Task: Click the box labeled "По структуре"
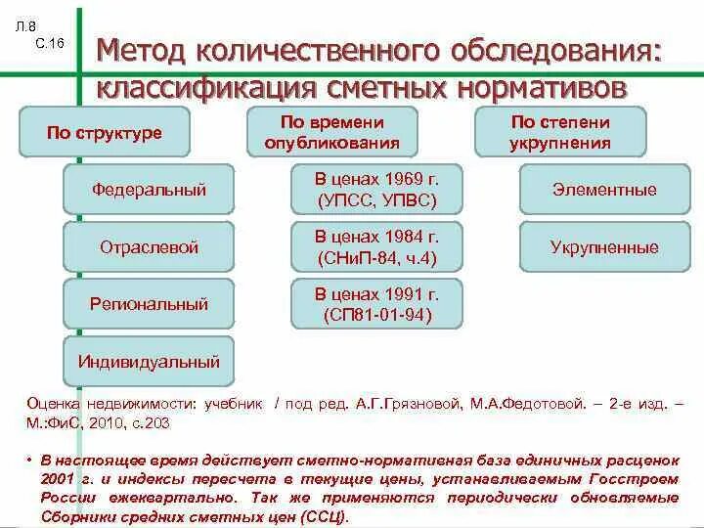tap(104, 133)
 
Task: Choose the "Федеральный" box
tap(149, 190)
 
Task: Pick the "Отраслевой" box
tap(149, 247)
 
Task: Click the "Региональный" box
tap(149, 304)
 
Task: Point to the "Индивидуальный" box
tap(149, 361)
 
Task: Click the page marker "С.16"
tap(48, 45)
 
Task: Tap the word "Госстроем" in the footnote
tap(635, 478)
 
